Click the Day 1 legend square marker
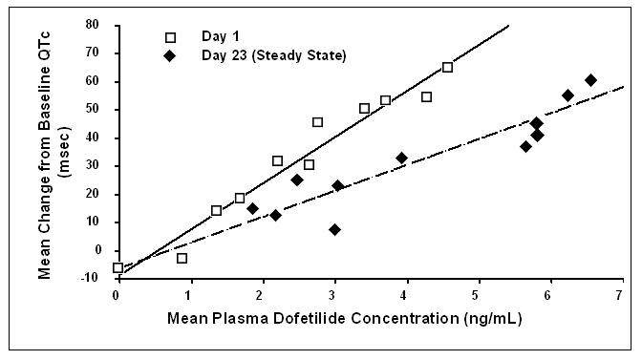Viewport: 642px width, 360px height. click(x=171, y=38)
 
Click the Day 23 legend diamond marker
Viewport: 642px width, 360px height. click(x=171, y=56)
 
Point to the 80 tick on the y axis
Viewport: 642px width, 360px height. click(x=93, y=25)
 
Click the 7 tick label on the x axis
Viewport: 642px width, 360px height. click(x=621, y=294)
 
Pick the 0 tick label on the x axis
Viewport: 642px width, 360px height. click(x=117, y=294)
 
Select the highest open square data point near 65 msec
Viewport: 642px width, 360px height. click(x=447, y=68)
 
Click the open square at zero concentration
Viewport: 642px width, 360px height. click(x=118, y=268)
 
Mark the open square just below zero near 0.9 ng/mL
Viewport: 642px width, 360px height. click(x=182, y=259)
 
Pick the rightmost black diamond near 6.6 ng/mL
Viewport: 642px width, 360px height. click(x=590, y=80)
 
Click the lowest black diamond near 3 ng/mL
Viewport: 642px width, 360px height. click(x=334, y=229)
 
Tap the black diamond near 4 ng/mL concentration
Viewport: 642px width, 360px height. click(x=401, y=159)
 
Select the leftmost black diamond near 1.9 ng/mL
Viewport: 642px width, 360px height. click(x=252, y=208)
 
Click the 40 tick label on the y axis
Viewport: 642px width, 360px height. click(x=93, y=138)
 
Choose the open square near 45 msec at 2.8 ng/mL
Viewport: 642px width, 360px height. click(x=317, y=122)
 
